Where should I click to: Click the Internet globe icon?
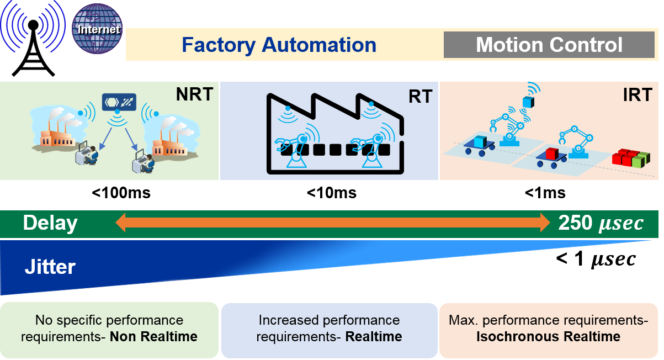coord(97,29)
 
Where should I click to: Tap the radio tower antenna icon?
coord(33,38)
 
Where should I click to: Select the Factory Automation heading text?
coord(279,45)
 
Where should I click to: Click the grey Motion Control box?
coord(549,45)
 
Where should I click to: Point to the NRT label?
coord(194,94)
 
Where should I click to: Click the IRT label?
coord(638,95)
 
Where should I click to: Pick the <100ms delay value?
coord(121,193)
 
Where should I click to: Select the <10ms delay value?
coord(332,193)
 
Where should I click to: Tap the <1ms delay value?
coord(545,193)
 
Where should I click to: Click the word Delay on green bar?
coord(50,223)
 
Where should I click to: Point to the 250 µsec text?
coord(601,223)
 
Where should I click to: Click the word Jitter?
coord(50,267)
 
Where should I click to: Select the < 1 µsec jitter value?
coord(596,259)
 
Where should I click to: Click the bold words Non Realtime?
coord(153,337)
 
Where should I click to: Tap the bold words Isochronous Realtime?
coord(549,337)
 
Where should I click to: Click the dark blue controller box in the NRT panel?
coord(119,102)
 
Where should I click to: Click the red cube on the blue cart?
coord(552,153)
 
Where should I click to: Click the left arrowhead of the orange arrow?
coord(121,223)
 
